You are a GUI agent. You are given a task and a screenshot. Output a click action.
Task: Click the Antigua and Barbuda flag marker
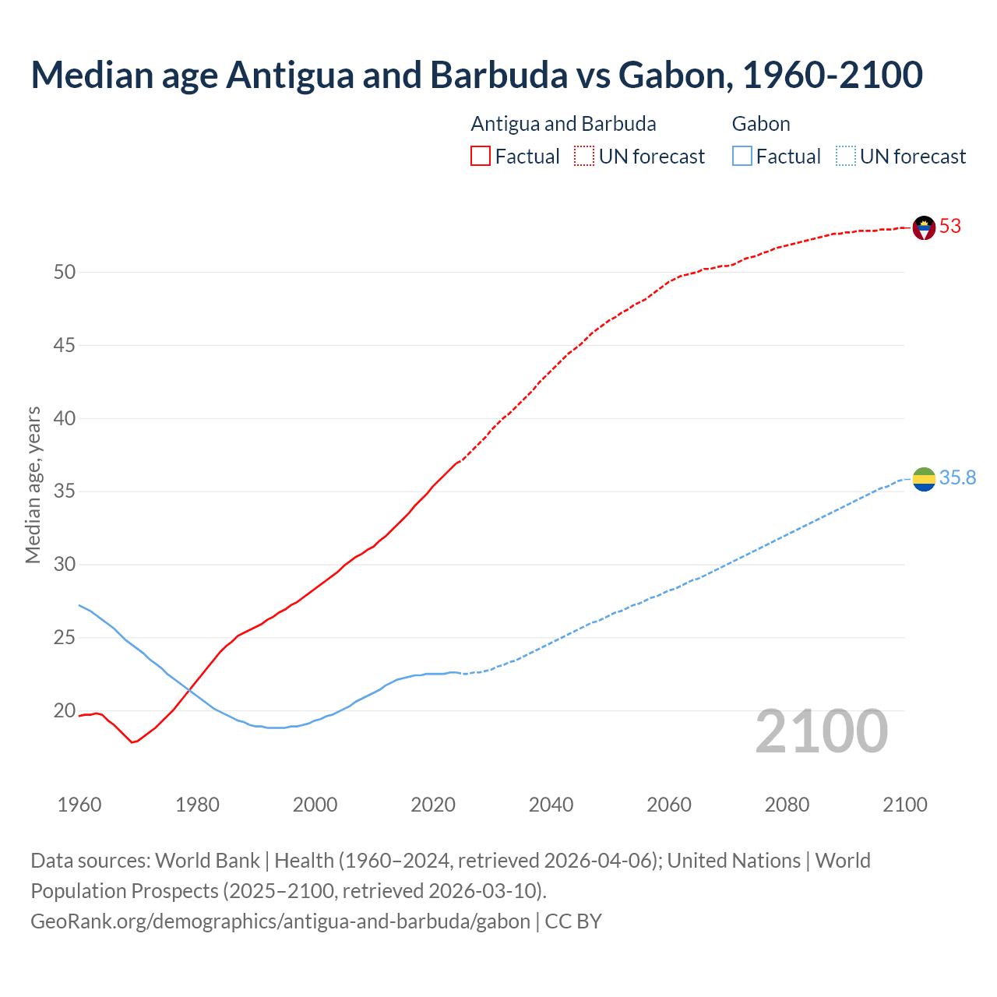coord(924,227)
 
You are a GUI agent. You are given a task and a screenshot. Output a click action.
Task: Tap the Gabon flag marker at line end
coord(924,479)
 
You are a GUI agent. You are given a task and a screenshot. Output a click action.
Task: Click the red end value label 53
coord(950,227)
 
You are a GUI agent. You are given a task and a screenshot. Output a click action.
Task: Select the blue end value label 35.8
coord(957,478)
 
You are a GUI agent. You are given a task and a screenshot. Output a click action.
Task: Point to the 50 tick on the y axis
coord(65,273)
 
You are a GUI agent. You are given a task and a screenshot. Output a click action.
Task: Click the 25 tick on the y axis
coord(65,638)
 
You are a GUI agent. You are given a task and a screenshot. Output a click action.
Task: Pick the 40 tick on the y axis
coord(65,419)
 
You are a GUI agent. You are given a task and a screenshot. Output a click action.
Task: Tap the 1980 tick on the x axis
coord(197,805)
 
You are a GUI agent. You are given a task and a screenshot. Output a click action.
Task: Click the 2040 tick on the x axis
coord(551,805)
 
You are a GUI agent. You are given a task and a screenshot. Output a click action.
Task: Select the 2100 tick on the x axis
coord(904,805)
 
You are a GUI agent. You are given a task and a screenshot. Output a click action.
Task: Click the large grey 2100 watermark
coord(822,731)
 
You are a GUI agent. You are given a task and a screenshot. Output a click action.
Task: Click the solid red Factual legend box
coord(481,157)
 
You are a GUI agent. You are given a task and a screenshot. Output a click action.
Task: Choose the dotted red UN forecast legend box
coord(584,157)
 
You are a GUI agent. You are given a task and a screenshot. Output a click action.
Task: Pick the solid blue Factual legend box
coord(742,157)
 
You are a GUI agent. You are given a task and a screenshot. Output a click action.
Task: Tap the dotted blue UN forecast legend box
coord(845,157)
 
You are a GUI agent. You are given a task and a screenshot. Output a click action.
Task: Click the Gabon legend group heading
coord(761,125)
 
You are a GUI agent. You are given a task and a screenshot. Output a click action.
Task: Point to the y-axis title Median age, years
coord(33,484)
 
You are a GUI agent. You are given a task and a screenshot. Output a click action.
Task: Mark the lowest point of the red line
coord(132,742)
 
